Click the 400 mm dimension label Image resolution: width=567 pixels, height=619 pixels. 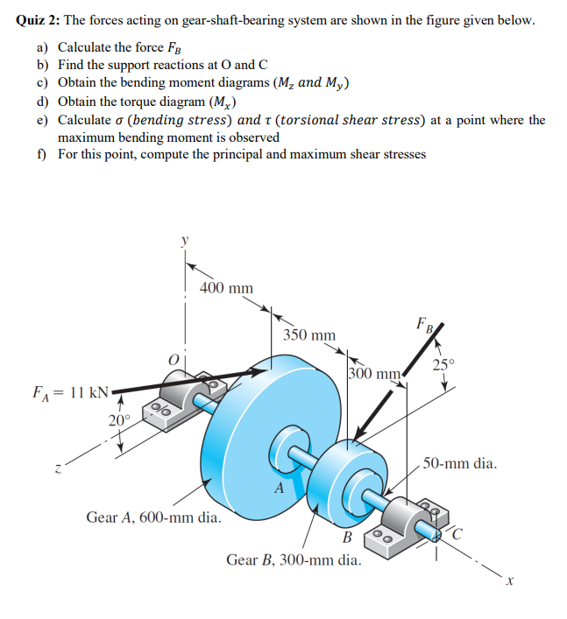(226, 288)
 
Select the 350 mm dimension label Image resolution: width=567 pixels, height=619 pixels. (308, 335)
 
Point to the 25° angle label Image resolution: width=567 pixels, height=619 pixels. (444, 364)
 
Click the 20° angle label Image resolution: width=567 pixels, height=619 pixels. (120, 420)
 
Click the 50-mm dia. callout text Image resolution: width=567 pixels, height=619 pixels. (460, 463)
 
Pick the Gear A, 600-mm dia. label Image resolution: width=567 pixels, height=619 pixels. (152, 517)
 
